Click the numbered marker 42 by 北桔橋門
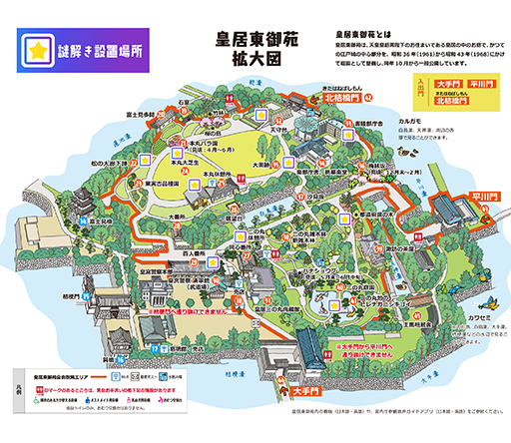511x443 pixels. tap(368, 97)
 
